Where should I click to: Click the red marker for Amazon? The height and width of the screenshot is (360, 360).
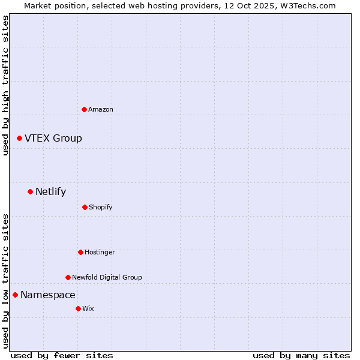coord(84,109)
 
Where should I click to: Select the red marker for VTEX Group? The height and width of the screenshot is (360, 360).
coord(19,138)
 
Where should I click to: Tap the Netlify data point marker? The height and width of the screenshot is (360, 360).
coord(30,191)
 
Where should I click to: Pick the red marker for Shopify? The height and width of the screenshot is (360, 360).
coord(85,207)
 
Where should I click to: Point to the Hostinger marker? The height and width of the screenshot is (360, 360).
coord(80,252)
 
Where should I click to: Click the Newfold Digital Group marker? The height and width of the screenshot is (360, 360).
coord(68,277)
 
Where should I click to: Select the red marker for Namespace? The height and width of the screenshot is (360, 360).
coord(15,295)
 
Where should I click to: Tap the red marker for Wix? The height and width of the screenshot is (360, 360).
coord(78,308)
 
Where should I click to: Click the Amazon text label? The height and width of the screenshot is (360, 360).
coord(101,109)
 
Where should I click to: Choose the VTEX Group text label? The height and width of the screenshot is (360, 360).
coord(53,138)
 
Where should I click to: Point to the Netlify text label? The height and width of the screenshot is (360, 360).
coord(51,191)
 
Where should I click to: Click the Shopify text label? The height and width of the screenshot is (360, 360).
coord(101,207)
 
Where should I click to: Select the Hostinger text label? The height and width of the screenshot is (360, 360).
coord(100,252)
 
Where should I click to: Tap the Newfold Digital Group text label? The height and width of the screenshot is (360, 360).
coord(107,277)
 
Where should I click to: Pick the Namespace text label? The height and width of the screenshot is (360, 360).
coord(48,295)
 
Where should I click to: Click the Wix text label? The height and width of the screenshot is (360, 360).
coord(88,308)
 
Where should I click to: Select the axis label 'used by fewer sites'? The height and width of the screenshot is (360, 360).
coord(61,355)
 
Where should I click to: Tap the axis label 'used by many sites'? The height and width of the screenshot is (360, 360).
coord(301,355)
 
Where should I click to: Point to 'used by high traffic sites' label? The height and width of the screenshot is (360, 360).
coord(5,85)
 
